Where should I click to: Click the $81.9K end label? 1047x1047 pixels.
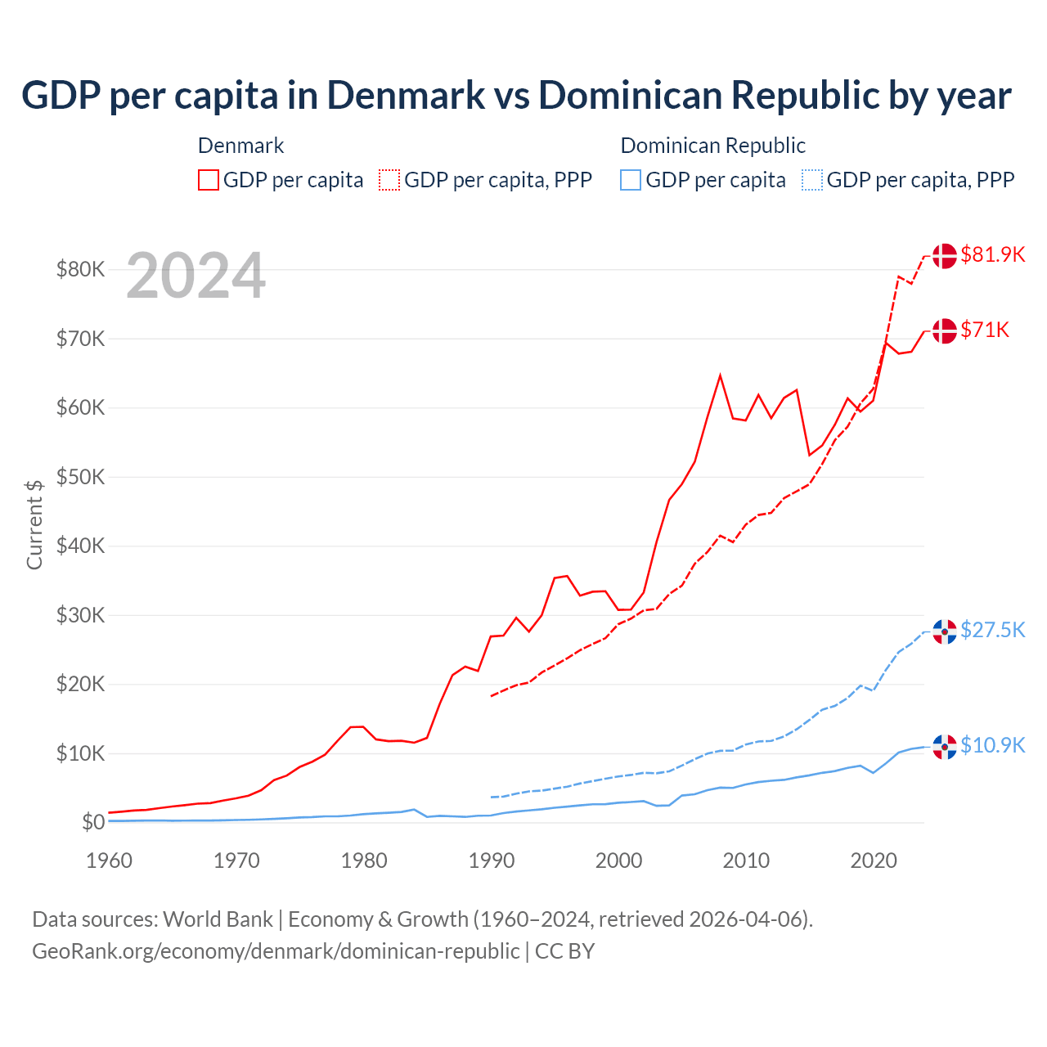(992, 254)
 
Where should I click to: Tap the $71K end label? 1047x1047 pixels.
(985, 330)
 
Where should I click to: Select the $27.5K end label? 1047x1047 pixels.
(992, 630)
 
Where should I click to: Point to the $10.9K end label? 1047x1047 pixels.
(992, 745)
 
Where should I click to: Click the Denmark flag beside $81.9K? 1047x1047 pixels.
(945, 255)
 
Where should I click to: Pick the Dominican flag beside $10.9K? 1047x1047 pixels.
(945, 746)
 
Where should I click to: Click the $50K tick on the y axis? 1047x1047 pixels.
(80, 477)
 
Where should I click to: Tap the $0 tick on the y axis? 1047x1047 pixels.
(92, 822)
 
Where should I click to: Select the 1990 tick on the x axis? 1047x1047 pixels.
(492, 861)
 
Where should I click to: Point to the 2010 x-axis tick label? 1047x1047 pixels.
(746, 861)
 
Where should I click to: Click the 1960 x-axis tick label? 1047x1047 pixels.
(110, 861)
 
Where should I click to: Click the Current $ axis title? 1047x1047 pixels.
(34, 524)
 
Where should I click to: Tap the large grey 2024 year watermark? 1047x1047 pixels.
(196, 276)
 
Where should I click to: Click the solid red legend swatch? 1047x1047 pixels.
(209, 180)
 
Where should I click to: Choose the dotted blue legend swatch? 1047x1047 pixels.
(812, 180)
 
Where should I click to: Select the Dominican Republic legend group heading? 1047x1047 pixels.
(712, 146)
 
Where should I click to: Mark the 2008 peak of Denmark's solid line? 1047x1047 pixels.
(720, 375)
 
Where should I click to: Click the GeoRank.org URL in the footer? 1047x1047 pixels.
(276, 951)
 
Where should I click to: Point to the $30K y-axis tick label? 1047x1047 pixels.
(80, 615)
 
